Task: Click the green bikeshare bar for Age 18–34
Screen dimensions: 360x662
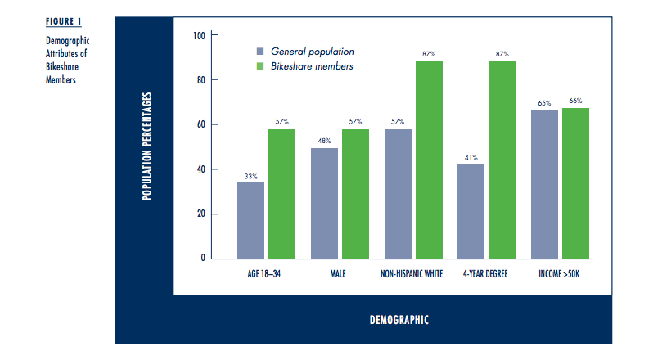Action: (281, 194)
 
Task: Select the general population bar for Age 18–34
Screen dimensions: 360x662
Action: (250, 220)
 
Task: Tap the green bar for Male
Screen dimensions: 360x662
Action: (355, 194)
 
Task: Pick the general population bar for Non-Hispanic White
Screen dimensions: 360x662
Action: (398, 194)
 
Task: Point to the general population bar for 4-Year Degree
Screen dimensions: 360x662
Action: (471, 211)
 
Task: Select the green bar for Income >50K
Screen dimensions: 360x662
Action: (575, 183)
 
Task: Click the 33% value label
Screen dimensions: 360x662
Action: (250, 175)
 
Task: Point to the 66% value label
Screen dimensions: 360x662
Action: (575, 101)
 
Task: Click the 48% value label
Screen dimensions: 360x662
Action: (324, 141)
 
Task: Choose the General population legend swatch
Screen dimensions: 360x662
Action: (259, 51)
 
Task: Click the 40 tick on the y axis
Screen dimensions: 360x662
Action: (200, 169)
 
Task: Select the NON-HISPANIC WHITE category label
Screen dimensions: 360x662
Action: (412, 273)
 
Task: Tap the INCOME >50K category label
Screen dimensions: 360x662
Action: (560, 273)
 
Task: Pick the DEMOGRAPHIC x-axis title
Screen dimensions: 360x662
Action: (399, 319)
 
